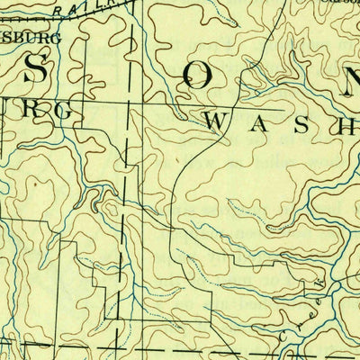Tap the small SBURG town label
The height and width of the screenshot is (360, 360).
[31, 39]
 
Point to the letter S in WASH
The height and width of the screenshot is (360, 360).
[297, 125]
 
